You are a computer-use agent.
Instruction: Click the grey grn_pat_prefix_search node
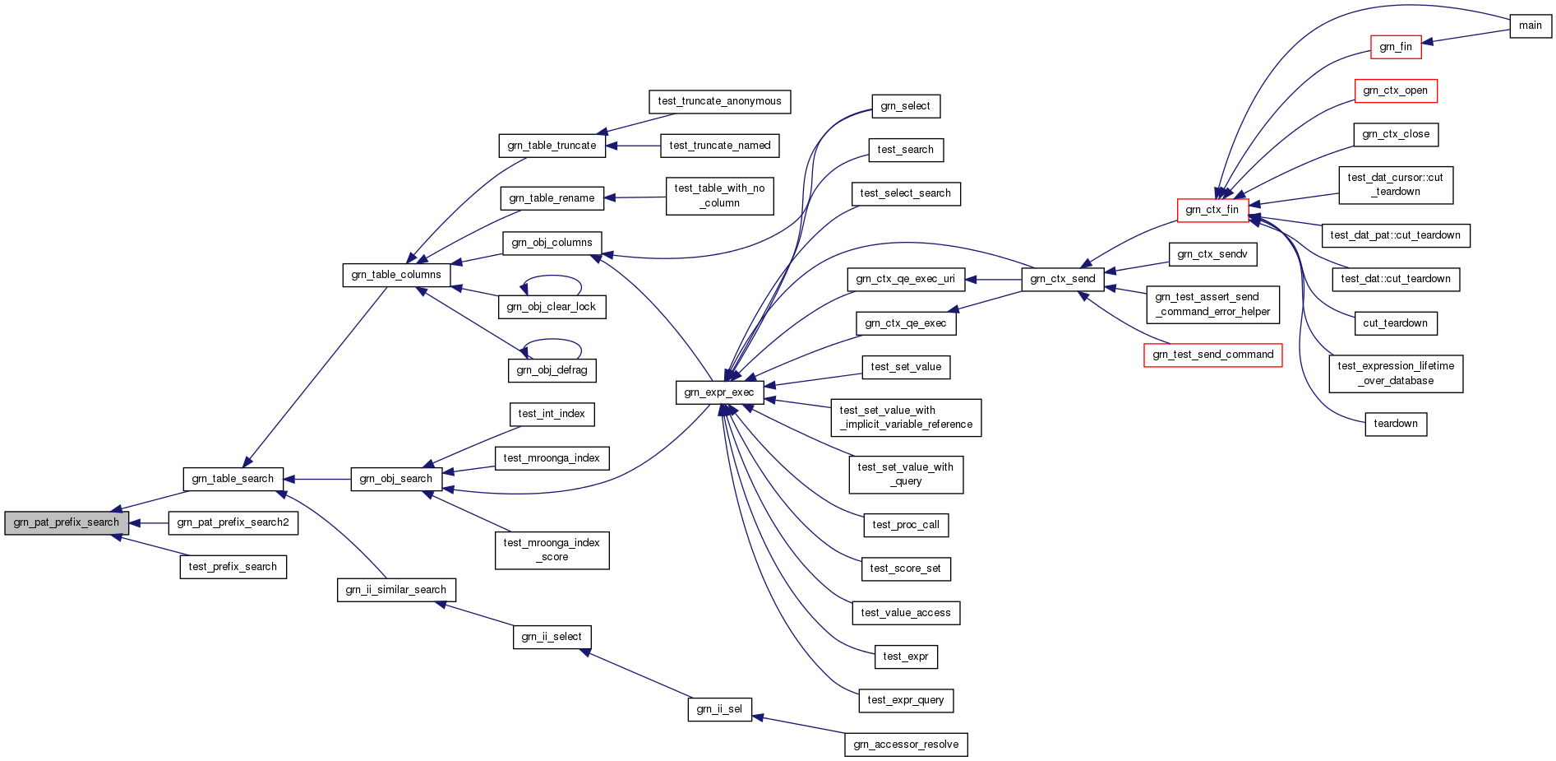(x=66, y=523)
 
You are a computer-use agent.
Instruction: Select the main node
(x=1530, y=26)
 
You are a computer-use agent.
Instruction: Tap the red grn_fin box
(x=1395, y=47)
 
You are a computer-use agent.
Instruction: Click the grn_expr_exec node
(x=718, y=392)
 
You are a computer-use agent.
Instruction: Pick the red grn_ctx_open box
(x=1395, y=90)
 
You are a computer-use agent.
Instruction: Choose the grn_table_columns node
(x=396, y=275)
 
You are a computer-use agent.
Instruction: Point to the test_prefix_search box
(x=233, y=567)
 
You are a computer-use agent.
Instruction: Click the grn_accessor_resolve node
(x=905, y=745)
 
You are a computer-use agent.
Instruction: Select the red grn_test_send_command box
(x=1212, y=355)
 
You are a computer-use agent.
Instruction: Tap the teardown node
(x=1395, y=424)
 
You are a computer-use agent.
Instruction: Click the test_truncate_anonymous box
(x=719, y=101)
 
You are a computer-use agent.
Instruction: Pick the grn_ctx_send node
(x=1062, y=279)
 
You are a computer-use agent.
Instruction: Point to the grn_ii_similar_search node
(x=396, y=590)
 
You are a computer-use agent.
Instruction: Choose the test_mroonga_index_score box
(x=552, y=550)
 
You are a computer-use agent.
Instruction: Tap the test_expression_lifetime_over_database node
(x=1395, y=374)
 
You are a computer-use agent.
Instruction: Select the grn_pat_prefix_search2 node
(x=233, y=523)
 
